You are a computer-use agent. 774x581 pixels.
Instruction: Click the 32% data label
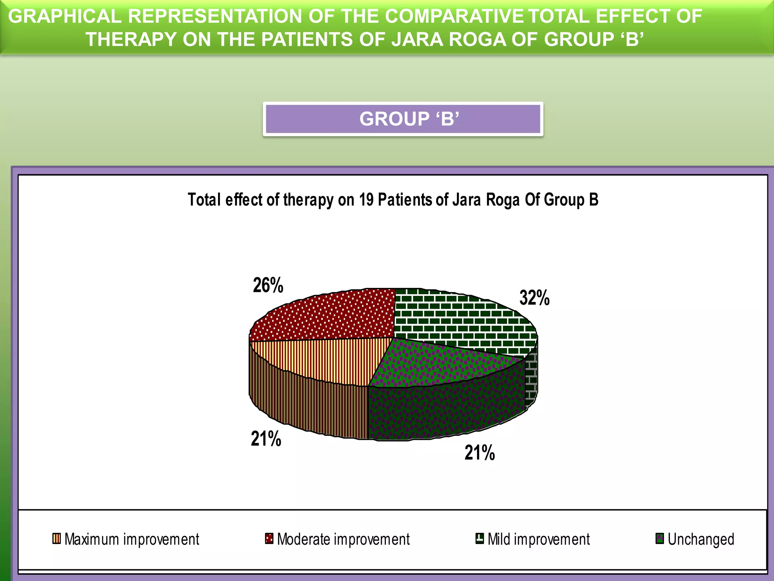click(x=534, y=298)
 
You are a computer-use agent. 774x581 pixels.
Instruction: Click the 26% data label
click(x=268, y=285)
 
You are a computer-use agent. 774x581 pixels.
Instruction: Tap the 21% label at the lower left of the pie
click(x=266, y=439)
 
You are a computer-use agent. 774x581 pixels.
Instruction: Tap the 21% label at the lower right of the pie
click(x=480, y=452)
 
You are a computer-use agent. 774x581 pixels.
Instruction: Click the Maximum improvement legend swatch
click(x=56, y=538)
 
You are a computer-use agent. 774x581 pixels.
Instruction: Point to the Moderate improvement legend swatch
click(x=269, y=538)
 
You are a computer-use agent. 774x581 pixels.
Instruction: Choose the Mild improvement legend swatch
click(x=480, y=538)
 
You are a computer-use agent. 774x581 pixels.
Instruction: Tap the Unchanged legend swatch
click(x=659, y=538)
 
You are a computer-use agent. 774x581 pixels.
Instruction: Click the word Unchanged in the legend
click(x=701, y=539)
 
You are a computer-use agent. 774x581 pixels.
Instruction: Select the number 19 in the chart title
click(x=366, y=200)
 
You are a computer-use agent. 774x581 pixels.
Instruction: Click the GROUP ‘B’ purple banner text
click(x=409, y=119)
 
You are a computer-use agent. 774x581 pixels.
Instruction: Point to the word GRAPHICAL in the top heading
click(x=65, y=16)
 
